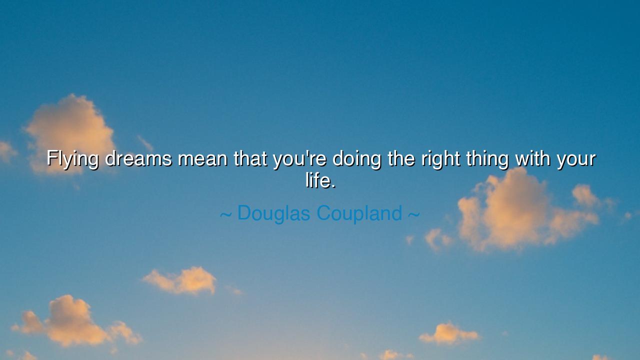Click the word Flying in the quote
pyautogui.click(x=72, y=159)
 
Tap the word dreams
pyautogui.click(x=138, y=159)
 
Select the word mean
pyautogui.click(x=203, y=159)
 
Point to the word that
pyautogui.click(x=250, y=159)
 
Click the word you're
pyautogui.click(x=299, y=159)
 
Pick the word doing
pyautogui.click(x=356, y=159)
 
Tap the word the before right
pyautogui.click(x=401, y=159)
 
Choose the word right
pyautogui.click(x=440, y=159)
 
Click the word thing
pyautogui.click(x=487, y=159)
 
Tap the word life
pyautogui.click(x=317, y=180)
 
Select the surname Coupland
pyautogui.click(x=359, y=213)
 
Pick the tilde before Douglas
pyautogui.click(x=225, y=214)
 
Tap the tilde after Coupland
pyautogui.click(x=413, y=214)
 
